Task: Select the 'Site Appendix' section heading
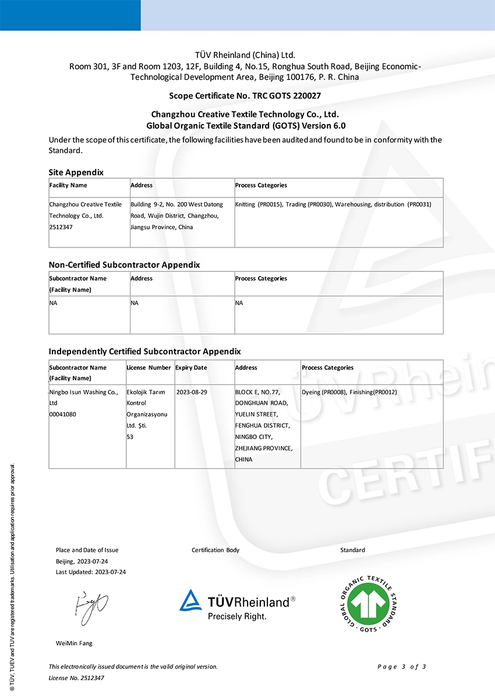click(76, 172)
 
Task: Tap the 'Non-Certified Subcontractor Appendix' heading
click(124, 264)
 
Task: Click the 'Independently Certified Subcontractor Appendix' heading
click(144, 351)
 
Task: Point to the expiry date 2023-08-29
click(191, 393)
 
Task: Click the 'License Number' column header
click(148, 368)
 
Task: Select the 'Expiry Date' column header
click(191, 368)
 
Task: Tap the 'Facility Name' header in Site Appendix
click(68, 186)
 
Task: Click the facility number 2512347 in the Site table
click(61, 227)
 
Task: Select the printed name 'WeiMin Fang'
click(74, 644)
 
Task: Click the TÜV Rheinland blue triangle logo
click(190, 601)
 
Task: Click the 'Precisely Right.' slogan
click(237, 616)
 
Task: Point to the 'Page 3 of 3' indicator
click(402, 667)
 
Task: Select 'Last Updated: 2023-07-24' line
click(91, 572)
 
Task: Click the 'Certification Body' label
click(215, 550)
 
